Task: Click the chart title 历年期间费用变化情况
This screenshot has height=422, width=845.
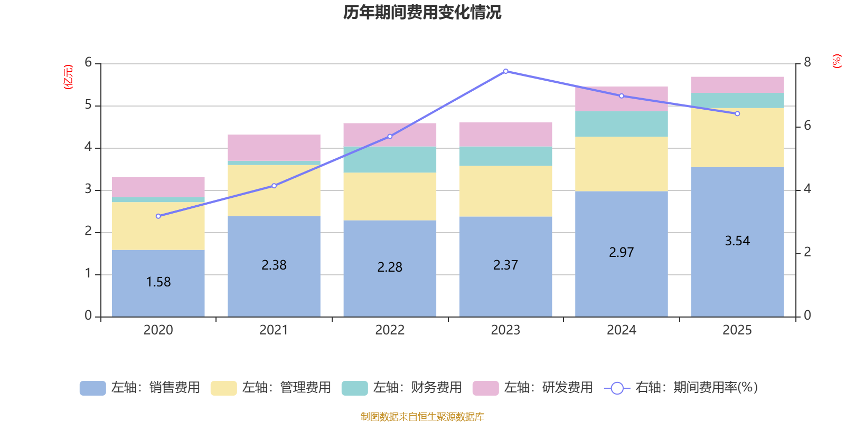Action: point(422,12)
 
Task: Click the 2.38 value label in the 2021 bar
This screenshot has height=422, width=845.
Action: point(274,265)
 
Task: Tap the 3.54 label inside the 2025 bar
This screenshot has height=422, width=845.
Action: point(737,241)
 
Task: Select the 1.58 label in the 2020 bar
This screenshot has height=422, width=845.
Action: point(158,282)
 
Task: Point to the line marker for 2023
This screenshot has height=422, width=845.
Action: point(505,71)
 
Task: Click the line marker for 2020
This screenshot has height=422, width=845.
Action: point(158,216)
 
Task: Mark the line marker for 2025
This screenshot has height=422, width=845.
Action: point(737,113)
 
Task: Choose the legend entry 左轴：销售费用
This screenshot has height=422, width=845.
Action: point(140,388)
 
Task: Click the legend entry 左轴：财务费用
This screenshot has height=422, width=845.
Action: point(402,388)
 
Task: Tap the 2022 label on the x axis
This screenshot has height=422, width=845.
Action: point(390,330)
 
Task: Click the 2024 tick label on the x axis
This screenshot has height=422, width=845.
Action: point(621,330)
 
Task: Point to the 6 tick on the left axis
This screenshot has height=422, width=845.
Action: point(88,63)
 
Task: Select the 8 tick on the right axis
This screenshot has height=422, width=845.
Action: point(808,63)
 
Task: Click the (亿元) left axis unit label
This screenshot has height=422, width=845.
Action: point(68,77)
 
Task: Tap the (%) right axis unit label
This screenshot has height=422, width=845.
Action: point(837,61)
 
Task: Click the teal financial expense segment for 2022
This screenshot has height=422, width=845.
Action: point(390,159)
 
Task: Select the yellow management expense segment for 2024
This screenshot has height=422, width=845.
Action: point(621,164)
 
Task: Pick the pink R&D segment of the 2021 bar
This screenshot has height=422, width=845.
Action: point(274,148)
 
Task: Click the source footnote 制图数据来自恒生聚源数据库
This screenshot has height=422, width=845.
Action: point(422,417)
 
